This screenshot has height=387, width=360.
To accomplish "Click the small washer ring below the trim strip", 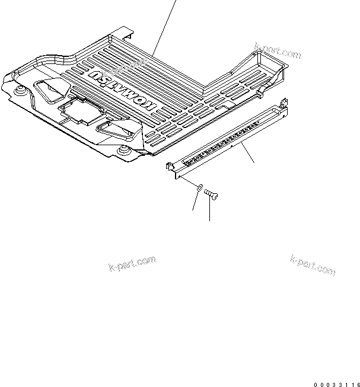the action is pos(199,188).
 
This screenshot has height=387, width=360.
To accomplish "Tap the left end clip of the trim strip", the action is pos(171,168).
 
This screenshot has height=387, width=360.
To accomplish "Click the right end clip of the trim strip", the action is pos(283,106).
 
